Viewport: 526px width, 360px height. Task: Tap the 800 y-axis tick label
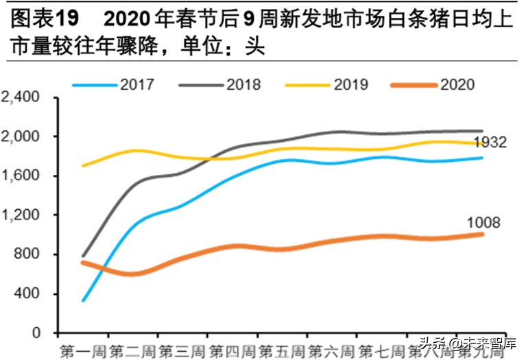click(31, 254)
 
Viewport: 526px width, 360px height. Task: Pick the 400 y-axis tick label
click(31, 294)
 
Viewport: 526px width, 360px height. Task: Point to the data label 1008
click(484, 222)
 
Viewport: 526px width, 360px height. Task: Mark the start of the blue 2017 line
click(82, 300)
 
